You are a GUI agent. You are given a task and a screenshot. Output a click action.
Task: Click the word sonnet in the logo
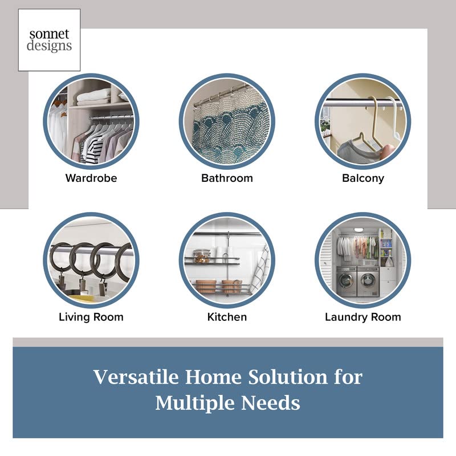coord(49,34)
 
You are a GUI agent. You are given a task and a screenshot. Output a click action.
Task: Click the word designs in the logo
coord(49,46)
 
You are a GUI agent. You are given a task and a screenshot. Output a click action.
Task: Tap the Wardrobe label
coord(91,178)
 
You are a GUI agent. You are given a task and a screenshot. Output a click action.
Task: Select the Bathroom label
coord(227,178)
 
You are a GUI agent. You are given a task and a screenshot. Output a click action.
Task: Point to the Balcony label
coord(363,178)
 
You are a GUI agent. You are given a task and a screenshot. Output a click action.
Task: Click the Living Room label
coord(91,317)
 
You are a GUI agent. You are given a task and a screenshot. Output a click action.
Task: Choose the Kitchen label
coord(227,317)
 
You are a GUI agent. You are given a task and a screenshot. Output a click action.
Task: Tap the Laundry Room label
coord(363,317)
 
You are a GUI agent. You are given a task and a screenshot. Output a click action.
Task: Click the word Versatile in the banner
coord(136,377)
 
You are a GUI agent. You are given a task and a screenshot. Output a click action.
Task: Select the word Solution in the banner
coord(288,377)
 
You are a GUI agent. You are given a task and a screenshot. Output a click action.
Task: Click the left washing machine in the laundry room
coord(347,281)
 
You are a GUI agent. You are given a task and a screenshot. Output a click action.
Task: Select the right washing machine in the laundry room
coord(368,281)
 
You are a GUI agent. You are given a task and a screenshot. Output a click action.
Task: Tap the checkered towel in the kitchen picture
coord(260,269)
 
